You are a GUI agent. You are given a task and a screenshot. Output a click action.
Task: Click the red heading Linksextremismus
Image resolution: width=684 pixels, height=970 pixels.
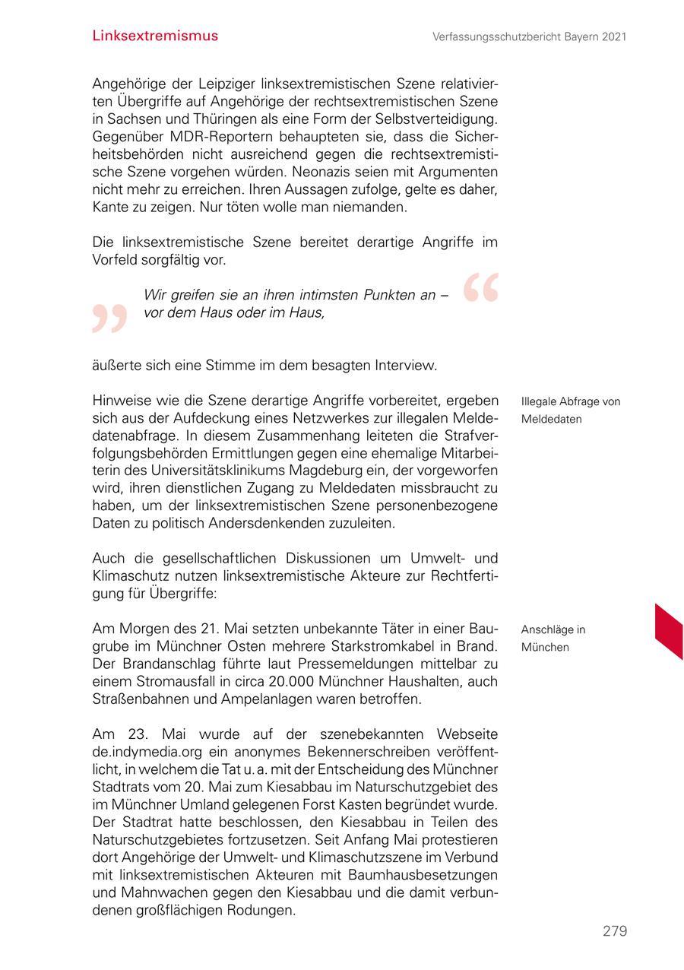pos(155,36)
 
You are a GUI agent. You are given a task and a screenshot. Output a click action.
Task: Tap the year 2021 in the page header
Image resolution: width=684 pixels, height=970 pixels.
pos(613,36)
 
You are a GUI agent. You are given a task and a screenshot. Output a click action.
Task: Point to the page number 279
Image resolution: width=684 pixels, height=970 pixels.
pos(615,931)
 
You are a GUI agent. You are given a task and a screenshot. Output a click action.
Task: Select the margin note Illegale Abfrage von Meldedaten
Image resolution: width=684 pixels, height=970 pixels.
pos(570,411)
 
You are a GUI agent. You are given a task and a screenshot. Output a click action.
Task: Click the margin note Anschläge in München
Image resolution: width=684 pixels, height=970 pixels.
pos(553,639)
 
